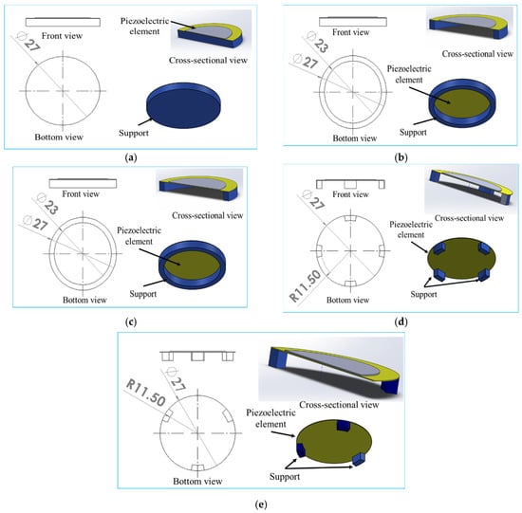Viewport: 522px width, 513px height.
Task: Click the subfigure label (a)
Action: click(x=130, y=157)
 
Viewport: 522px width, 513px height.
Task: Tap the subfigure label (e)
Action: click(x=261, y=504)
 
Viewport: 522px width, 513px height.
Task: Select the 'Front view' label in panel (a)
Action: click(x=62, y=36)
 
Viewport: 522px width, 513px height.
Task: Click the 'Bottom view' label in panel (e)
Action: click(x=197, y=481)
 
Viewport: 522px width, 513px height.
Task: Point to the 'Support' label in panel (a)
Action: click(x=134, y=133)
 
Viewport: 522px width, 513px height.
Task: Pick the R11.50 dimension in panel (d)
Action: click(x=306, y=285)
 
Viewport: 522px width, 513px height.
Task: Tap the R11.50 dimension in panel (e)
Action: click(x=145, y=393)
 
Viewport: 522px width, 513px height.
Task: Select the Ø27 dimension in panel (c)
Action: click(x=36, y=223)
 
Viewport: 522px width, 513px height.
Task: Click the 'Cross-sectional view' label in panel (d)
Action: click(x=469, y=218)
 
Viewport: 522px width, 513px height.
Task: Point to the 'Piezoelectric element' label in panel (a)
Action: click(x=144, y=26)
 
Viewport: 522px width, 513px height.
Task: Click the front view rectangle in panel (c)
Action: click(x=83, y=183)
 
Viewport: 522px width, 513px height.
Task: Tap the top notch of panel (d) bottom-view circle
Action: click(x=350, y=218)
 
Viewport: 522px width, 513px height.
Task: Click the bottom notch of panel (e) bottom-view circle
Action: click(x=197, y=467)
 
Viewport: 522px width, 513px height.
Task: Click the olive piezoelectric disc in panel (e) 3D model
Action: click(x=334, y=442)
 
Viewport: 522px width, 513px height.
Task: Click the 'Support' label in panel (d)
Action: click(x=423, y=294)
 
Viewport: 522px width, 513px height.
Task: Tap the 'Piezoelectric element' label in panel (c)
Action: click(x=139, y=236)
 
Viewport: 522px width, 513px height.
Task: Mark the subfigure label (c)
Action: click(x=130, y=321)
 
